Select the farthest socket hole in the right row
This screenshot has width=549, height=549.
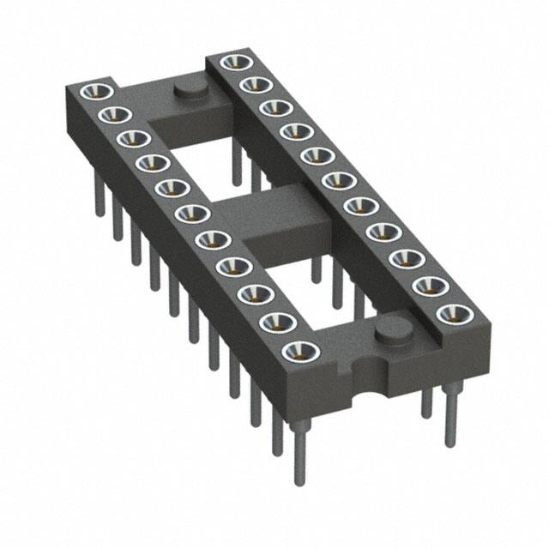point(232,62)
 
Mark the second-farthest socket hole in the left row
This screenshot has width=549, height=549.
point(109,114)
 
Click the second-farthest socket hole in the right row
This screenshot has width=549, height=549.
point(251,84)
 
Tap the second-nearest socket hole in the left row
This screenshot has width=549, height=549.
point(278,323)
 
